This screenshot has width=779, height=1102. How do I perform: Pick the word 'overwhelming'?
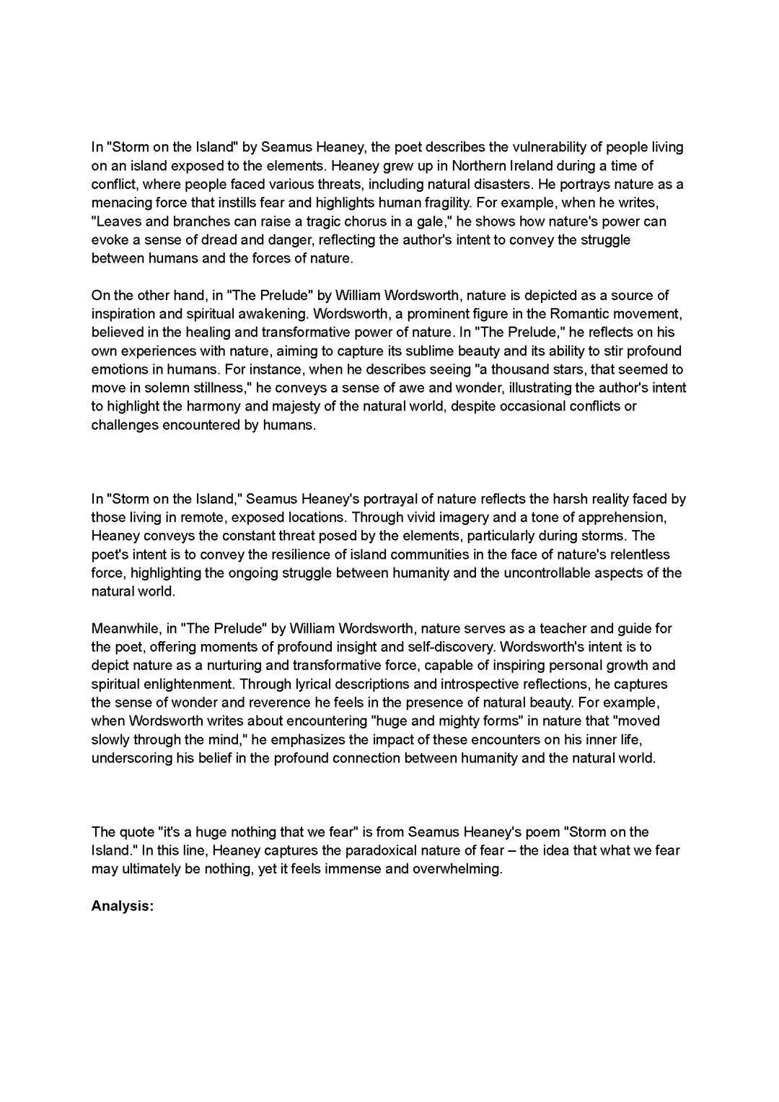coord(457,868)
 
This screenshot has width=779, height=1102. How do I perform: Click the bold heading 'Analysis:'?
coord(123,906)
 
